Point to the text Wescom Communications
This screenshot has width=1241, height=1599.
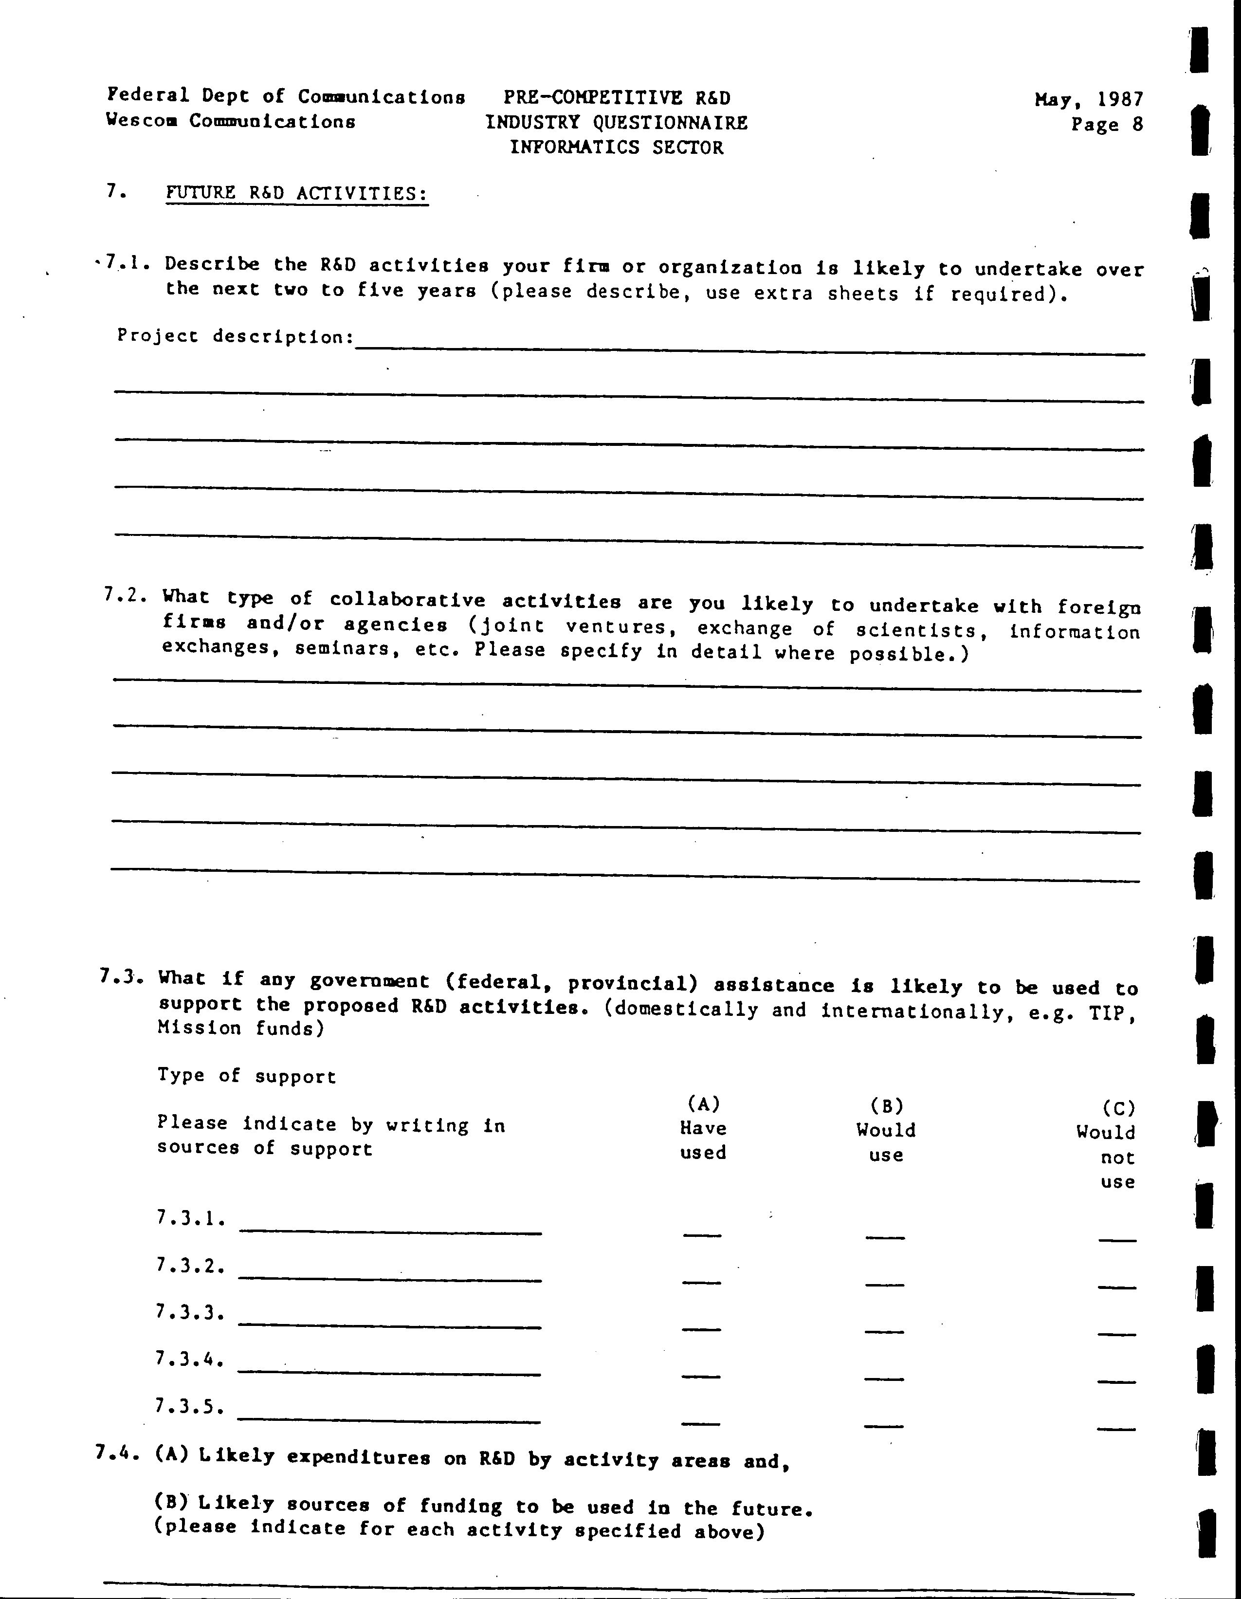(231, 121)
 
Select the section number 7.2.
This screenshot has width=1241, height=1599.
(125, 596)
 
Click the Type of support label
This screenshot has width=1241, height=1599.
(247, 1076)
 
